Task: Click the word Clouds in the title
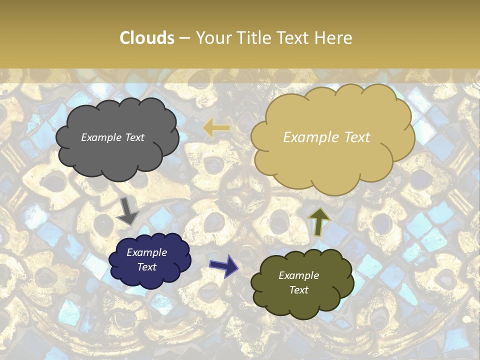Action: click(147, 38)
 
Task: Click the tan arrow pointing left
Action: click(216, 128)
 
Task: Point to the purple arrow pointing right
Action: click(224, 265)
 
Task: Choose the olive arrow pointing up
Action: click(319, 220)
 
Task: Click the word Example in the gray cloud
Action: click(100, 137)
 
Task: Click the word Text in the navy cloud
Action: click(147, 267)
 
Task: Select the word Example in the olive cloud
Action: click(298, 275)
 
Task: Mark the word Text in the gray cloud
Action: click(133, 137)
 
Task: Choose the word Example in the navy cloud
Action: click(147, 252)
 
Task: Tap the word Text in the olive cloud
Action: click(298, 290)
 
